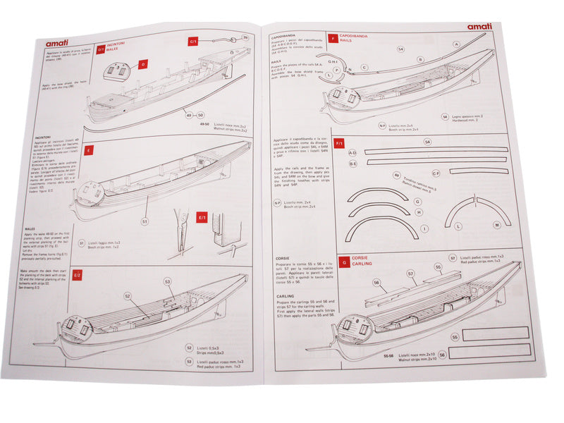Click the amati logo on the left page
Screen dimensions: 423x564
[x=60, y=42]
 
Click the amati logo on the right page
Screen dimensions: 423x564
[x=479, y=27]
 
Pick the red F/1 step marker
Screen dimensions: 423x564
[x=338, y=143]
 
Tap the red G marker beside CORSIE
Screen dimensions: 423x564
[x=343, y=261]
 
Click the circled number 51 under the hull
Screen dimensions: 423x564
[x=145, y=221]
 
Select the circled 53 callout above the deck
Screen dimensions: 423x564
[x=168, y=281]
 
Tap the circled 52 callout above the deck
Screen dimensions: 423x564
[x=128, y=295]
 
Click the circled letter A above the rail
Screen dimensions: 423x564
[x=457, y=44]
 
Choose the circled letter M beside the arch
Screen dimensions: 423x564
[x=497, y=225]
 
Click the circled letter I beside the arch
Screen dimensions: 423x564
[x=424, y=229]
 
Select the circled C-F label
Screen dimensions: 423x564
[x=436, y=172]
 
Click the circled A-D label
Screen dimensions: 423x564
[x=353, y=152]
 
